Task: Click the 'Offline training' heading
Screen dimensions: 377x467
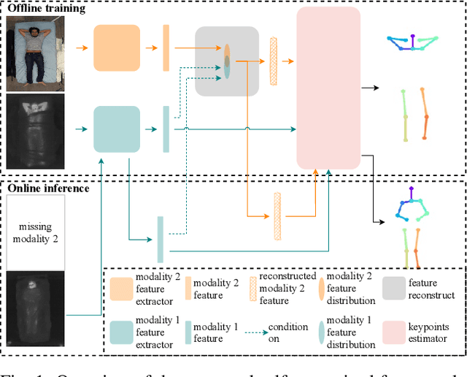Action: (46, 9)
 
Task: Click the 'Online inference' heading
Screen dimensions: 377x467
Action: (48, 188)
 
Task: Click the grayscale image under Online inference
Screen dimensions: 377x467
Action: (35, 302)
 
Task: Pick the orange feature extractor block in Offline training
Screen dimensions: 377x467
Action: (117, 47)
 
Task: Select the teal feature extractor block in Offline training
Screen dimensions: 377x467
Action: (117, 129)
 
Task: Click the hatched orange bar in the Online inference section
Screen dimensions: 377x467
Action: (277, 216)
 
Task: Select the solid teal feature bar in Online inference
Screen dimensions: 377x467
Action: (161, 239)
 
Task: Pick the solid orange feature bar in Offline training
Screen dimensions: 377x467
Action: (166, 47)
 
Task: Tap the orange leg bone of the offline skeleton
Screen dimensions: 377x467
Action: (424, 113)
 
